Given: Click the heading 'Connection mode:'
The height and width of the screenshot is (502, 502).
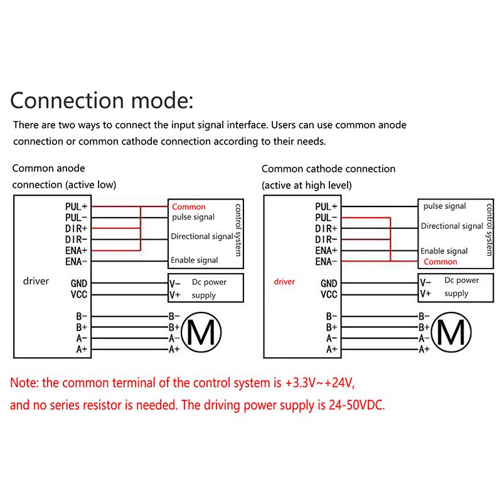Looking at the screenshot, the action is (102, 100).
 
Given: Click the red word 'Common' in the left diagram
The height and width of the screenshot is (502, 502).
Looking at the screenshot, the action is (189, 207).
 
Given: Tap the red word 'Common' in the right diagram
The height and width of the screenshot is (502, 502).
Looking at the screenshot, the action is (441, 262).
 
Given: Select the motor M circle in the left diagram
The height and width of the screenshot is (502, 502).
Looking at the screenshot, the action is (201, 333).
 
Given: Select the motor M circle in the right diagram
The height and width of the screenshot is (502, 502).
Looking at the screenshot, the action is (451, 333).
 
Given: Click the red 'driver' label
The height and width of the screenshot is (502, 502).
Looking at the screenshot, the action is (284, 282).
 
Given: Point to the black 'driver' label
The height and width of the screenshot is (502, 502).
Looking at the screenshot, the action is (36, 281).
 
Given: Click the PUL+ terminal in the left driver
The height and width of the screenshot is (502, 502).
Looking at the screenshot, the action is (76, 207).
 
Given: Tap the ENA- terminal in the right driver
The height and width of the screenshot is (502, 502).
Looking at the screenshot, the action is (326, 262).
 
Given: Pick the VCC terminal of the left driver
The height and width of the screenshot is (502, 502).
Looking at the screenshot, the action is (79, 294).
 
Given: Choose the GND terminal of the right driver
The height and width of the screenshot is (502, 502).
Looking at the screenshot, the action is (329, 284).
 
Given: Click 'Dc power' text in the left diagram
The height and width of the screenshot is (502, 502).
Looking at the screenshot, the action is (209, 282).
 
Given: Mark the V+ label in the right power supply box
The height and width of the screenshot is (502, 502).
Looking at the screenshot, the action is (425, 294).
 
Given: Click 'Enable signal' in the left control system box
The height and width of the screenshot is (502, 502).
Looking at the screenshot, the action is (195, 260).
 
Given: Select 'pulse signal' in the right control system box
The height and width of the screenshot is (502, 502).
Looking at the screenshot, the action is (445, 206).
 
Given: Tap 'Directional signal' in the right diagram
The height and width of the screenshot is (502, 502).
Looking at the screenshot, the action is (452, 227).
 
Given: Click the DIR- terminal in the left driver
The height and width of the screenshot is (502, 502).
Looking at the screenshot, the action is (76, 240).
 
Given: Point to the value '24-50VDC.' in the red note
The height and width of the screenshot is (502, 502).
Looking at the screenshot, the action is (356, 405).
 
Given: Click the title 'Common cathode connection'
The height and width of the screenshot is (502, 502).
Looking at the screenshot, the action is (328, 169).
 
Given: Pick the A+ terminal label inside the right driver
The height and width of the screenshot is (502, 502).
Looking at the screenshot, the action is (332, 350).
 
